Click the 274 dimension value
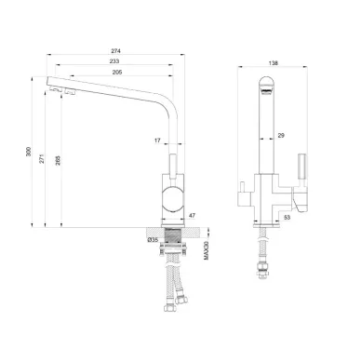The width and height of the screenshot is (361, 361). (x=115, y=50)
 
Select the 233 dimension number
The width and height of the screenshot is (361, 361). (x=114, y=61)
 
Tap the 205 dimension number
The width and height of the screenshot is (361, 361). (x=117, y=72)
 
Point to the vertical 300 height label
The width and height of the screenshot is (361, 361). (x=29, y=152)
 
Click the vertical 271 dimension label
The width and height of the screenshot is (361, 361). (x=43, y=158)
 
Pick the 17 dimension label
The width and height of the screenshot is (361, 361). (x=157, y=140)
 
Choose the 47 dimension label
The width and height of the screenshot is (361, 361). (x=193, y=215)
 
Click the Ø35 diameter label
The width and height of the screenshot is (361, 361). (x=153, y=239)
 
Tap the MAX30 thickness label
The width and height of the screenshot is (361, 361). (x=207, y=251)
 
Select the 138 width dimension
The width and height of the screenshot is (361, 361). (x=274, y=63)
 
